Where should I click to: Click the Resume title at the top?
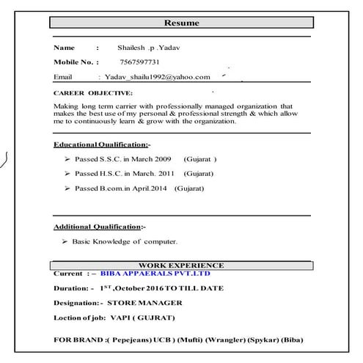[181, 23]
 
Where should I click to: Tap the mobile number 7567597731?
[139, 62]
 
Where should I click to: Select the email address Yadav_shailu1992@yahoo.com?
[157, 76]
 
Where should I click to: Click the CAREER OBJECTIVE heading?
[93, 94]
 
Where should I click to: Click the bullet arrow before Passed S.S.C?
[67, 159]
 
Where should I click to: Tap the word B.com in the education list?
[111, 188]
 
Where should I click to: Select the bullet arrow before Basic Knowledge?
[67, 241]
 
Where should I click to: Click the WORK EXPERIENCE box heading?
[181, 265]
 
